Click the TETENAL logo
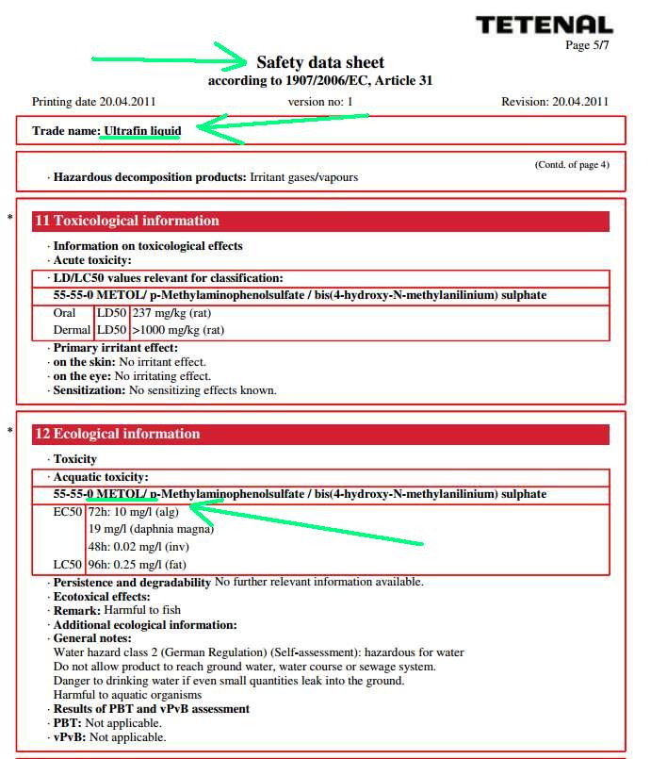point(544,25)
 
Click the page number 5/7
point(590,45)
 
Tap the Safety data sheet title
point(320,62)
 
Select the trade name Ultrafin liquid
point(142,130)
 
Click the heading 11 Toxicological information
point(126,221)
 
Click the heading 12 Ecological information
point(117,434)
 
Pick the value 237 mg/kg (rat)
point(171,313)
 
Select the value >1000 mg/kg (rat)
point(178,330)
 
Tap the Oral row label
point(64,313)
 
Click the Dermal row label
point(71,330)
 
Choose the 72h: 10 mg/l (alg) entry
point(133,512)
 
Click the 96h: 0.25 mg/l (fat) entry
point(137,564)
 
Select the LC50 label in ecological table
point(67,564)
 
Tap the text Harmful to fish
point(142,610)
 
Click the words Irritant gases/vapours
point(303,177)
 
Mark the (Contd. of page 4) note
point(572,164)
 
